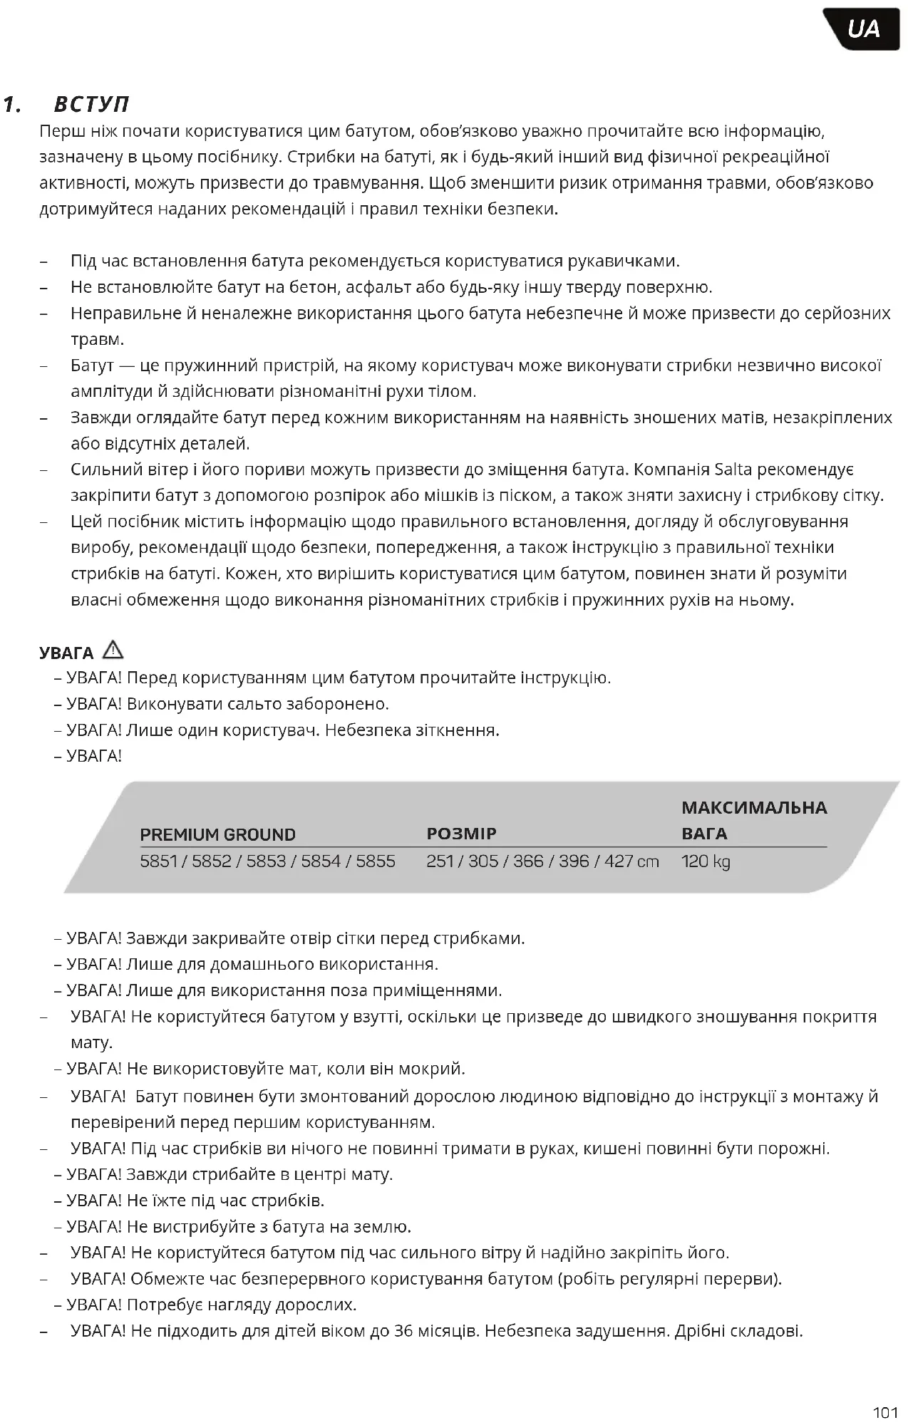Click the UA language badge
point(863,29)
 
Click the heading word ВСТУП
point(92,105)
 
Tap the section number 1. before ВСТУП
point(11,105)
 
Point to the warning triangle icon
point(113,650)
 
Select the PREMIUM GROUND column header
point(217,834)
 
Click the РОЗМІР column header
point(461,834)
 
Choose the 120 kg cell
point(706,861)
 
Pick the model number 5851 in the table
point(159,861)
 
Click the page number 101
point(884,1412)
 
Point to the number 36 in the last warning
point(403,1331)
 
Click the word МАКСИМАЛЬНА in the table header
point(754,808)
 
